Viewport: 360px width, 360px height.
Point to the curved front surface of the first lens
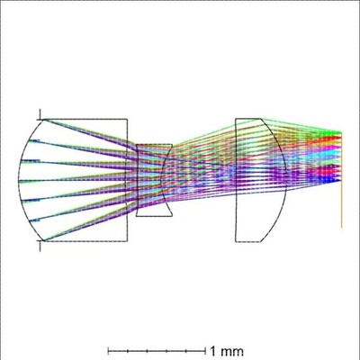coord(22,180)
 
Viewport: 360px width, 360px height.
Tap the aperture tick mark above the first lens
coord(40,114)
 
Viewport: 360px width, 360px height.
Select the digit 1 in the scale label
coord(212,349)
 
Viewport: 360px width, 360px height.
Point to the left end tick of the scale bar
coord(109,348)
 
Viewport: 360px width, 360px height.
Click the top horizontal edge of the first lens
coord(85,119)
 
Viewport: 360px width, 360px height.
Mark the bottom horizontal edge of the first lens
coord(85,241)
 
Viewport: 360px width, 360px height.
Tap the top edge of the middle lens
coord(153,143)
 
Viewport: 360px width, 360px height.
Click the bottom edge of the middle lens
coord(153,217)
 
